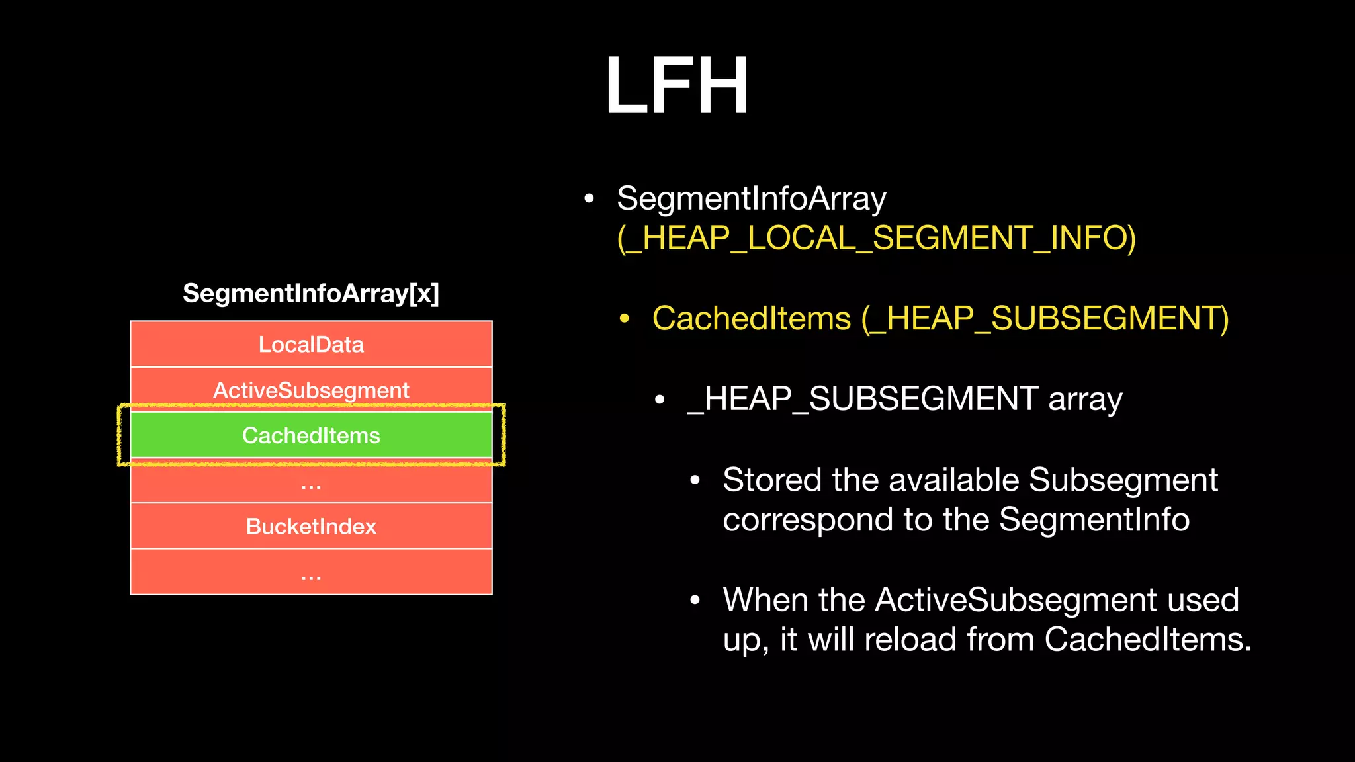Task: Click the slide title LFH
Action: point(677,86)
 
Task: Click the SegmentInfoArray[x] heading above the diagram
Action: point(311,293)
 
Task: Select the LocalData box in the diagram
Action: point(311,345)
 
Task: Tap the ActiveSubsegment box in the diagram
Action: point(311,389)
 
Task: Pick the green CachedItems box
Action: point(311,435)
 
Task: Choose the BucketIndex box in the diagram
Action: point(311,527)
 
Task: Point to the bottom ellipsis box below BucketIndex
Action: point(311,573)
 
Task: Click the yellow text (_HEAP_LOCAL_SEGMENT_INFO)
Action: point(876,238)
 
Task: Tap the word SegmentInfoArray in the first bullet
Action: point(751,198)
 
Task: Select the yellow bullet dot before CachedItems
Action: point(624,319)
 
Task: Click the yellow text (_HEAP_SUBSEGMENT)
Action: point(1045,319)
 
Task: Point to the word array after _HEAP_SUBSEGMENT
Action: point(1085,400)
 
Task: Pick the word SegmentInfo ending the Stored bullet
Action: point(1094,520)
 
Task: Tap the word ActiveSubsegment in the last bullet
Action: point(1015,600)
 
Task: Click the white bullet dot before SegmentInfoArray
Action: point(589,198)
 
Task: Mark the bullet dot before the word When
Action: point(695,601)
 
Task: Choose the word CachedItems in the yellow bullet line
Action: point(751,319)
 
